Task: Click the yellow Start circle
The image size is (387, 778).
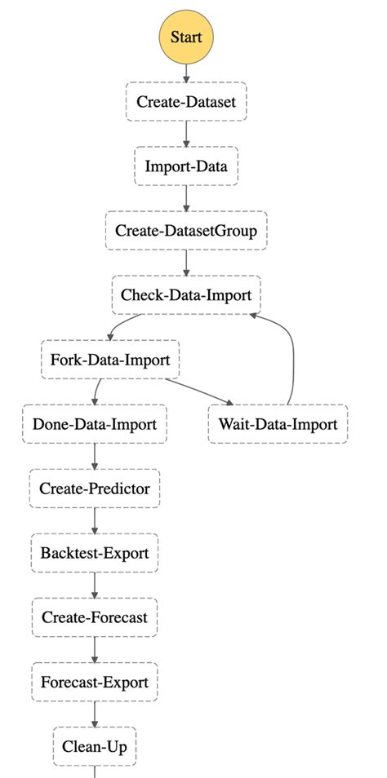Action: [186, 37]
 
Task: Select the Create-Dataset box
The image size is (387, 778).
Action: [186, 102]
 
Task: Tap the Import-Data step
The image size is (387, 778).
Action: [186, 166]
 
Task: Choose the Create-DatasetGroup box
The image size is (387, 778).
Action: [186, 231]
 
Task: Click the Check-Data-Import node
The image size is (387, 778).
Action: [186, 294]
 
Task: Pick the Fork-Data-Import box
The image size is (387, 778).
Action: [109, 360]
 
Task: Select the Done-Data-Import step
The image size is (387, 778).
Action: [95, 424]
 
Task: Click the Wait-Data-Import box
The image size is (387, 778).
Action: [278, 424]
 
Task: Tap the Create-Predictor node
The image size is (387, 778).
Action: [95, 488]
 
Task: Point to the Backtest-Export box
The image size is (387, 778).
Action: [95, 553]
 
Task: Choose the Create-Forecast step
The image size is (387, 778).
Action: [95, 617]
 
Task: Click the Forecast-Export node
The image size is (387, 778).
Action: [95, 682]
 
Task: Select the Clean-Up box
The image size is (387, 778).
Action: [95, 745]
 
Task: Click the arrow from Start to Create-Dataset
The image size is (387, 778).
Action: [186, 71]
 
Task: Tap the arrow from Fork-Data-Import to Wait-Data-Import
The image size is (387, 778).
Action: [200, 391]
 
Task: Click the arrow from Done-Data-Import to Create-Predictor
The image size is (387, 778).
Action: [95, 456]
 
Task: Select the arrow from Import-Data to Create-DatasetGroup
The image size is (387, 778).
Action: [186, 198]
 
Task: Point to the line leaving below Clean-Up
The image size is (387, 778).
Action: [95, 771]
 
